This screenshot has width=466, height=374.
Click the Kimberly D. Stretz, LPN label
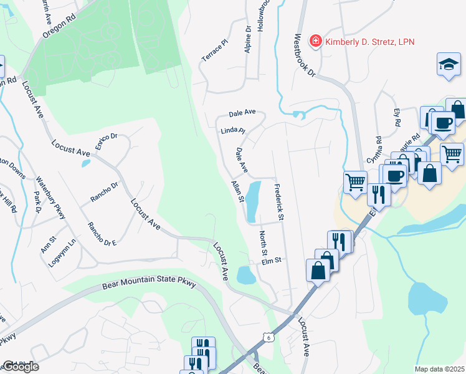[x=370, y=42]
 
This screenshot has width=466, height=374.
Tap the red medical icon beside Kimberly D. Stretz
[x=316, y=41]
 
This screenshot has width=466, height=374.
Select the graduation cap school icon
[x=448, y=65]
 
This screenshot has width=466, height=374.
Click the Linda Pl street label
[x=234, y=132]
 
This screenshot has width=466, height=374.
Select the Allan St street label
[x=237, y=191]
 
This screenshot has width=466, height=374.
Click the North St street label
[x=263, y=244]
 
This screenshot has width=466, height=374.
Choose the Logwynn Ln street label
[x=64, y=252]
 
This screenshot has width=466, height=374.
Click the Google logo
[x=20, y=367]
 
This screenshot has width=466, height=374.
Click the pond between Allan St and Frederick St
[x=252, y=201]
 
